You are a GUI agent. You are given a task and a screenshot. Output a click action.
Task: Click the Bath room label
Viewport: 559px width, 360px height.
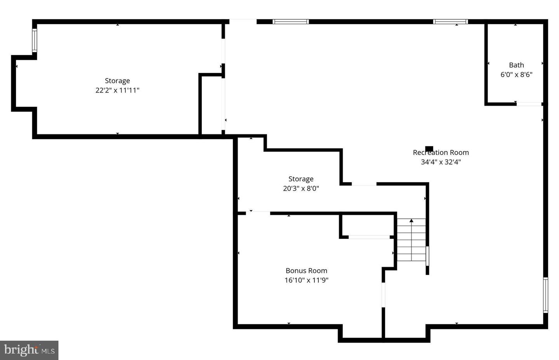click(x=516, y=65)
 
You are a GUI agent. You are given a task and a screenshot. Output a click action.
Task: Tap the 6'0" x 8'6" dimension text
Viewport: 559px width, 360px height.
click(x=516, y=75)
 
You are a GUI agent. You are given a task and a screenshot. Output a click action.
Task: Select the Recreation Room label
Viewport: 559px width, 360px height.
click(x=441, y=153)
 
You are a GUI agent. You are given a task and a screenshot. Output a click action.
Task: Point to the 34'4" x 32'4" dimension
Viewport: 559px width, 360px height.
click(x=441, y=162)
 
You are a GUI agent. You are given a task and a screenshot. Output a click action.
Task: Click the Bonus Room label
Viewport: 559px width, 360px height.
click(x=306, y=271)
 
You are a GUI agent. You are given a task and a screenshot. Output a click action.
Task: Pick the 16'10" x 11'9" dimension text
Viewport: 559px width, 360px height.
click(x=306, y=280)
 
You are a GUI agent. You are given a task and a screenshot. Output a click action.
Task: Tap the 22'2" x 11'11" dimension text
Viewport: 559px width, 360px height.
click(x=117, y=90)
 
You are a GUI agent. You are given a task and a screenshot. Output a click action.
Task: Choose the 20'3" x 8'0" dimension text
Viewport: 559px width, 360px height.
click(x=301, y=188)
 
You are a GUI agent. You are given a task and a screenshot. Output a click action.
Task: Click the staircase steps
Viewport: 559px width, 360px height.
click(x=411, y=243)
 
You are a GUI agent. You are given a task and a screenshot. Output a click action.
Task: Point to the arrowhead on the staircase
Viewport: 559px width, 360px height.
click(x=411, y=221)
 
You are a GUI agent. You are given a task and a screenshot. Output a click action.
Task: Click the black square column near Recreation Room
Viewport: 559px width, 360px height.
click(x=429, y=148)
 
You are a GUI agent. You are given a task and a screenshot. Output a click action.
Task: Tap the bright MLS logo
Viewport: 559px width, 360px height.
click(x=29, y=350)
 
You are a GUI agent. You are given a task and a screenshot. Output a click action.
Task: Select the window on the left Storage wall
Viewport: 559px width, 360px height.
click(x=35, y=41)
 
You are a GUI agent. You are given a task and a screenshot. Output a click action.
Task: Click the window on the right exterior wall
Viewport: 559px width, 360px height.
click(x=545, y=295)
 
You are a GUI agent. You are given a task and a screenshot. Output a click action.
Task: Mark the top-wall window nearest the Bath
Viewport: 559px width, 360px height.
click(x=450, y=22)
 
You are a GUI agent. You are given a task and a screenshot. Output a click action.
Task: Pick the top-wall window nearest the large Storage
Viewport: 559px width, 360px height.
click(x=290, y=22)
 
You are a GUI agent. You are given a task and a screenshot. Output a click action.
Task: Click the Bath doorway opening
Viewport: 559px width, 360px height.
click(x=529, y=104)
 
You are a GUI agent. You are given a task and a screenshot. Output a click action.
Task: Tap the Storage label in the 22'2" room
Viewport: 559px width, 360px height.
click(x=117, y=81)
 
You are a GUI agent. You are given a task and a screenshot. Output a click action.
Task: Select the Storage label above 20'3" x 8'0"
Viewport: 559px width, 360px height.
click(x=301, y=179)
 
